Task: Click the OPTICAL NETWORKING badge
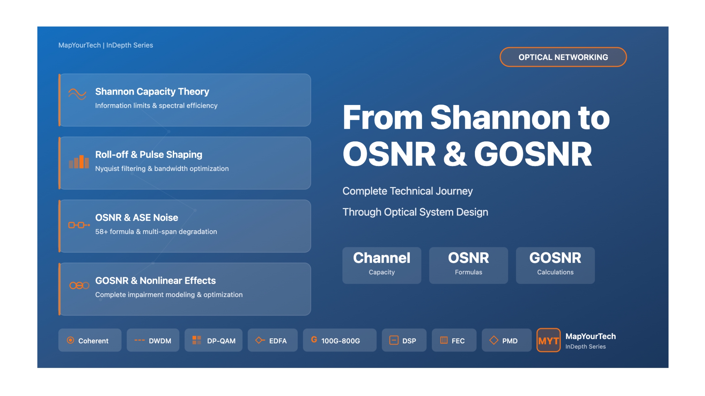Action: tap(563, 57)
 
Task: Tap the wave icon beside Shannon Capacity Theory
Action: tap(77, 94)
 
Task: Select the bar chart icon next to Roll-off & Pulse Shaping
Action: tap(79, 162)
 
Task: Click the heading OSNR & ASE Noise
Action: tap(137, 217)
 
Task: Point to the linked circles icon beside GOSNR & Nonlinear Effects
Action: tap(79, 285)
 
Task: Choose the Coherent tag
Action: tap(90, 340)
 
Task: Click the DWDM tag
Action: tap(153, 340)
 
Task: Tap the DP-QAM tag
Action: tap(213, 340)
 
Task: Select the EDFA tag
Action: tap(273, 340)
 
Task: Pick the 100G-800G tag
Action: tap(340, 340)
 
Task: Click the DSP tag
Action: tap(404, 340)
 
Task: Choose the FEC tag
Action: tap(454, 340)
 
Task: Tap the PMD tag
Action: tap(506, 340)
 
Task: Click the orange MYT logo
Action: tap(549, 340)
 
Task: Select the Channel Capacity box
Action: tap(382, 265)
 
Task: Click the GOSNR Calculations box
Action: tap(555, 265)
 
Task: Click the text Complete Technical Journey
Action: tap(408, 191)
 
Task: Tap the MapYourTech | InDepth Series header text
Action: tap(106, 45)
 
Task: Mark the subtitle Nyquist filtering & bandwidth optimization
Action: tap(162, 168)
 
